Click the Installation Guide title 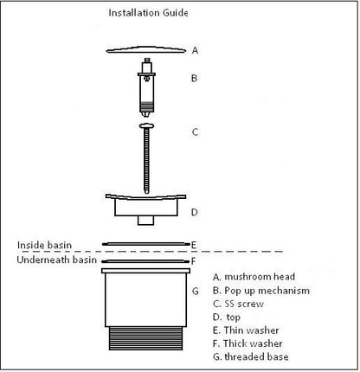148,13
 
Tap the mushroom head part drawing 146,50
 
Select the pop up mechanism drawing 147,87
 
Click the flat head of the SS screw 146,126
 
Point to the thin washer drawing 146,244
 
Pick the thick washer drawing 146,261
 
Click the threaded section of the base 145,338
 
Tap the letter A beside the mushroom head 195,50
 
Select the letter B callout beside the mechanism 195,78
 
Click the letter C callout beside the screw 195,132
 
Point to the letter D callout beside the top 195,212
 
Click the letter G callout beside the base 196,292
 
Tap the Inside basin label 44,245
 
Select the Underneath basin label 57,260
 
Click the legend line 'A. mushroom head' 254,277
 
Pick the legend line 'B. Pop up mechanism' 261,291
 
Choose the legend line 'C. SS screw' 238,304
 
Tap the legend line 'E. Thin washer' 246,330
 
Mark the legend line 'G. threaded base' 251,356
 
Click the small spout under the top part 145,221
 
